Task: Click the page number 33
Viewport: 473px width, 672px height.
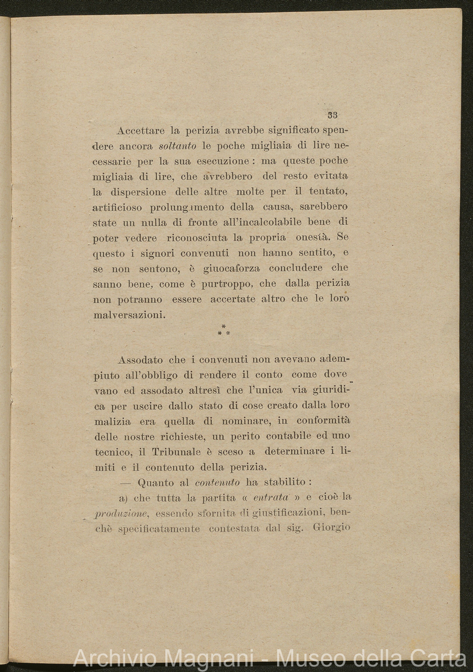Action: [x=333, y=116]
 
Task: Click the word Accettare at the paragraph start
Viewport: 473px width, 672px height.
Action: [x=141, y=131]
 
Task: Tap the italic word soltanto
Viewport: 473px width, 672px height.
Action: [x=178, y=147]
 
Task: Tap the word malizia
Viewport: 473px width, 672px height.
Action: [x=112, y=422]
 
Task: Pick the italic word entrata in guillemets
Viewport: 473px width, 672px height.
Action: [x=271, y=497]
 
